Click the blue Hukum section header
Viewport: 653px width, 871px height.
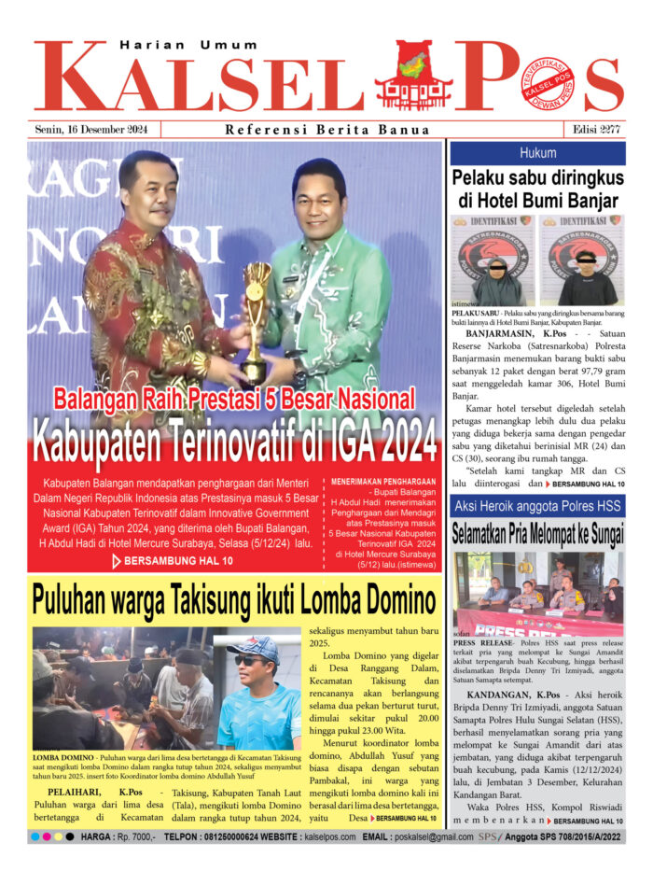pyautogui.click(x=537, y=152)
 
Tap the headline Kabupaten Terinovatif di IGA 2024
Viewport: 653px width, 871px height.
pyautogui.click(x=234, y=442)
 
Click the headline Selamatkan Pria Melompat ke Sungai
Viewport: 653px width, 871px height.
pyautogui.click(x=537, y=535)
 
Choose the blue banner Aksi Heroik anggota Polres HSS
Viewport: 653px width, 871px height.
pyautogui.click(x=537, y=506)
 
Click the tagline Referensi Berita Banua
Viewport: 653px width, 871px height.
pyautogui.click(x=327, y=130)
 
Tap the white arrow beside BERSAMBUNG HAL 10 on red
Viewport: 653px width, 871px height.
pyautogui.click(x=116, y=561)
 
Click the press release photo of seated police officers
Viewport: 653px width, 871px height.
pyautogui.click(x=537, y=593)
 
